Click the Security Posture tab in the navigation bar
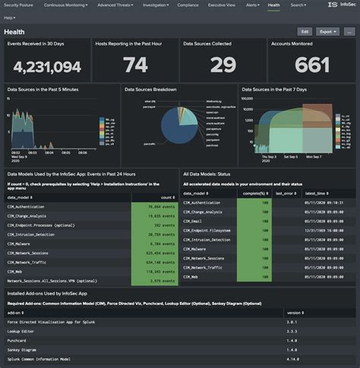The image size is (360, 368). [x=21, y=5]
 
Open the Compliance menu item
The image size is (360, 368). [x=188, y=5]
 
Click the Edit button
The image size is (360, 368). [x=305, y=32]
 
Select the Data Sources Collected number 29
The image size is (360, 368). [x=220, y=66]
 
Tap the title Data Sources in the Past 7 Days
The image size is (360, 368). [x=274, y=90]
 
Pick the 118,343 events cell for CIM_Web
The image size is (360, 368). [x=154, y=270]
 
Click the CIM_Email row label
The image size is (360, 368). [x=196, y=221]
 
